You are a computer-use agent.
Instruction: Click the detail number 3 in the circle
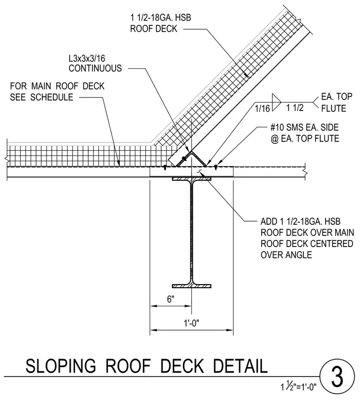coord(337,377)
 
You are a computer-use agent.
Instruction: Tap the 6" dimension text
coord(171,299)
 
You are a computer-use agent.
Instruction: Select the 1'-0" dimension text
coord(192,323)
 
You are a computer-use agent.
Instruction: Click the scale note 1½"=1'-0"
coord(299,386)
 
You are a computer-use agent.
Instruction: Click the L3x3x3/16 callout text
coord(87,59)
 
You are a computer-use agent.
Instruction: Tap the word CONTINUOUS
coord(95,68)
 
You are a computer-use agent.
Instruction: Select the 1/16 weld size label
coord(262,109)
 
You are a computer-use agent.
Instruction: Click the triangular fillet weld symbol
coord(275,102)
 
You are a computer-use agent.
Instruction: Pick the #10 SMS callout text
coord(304,127)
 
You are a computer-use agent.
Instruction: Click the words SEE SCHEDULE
coord(42,97)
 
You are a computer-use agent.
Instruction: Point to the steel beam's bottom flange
coord(192,286)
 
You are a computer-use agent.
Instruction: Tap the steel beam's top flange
coord(192,179)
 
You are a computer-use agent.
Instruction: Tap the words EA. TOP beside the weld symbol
coord(337,97)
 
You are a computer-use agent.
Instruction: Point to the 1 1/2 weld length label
coord(295,108)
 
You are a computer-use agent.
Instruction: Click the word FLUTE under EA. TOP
coord(334,108)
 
